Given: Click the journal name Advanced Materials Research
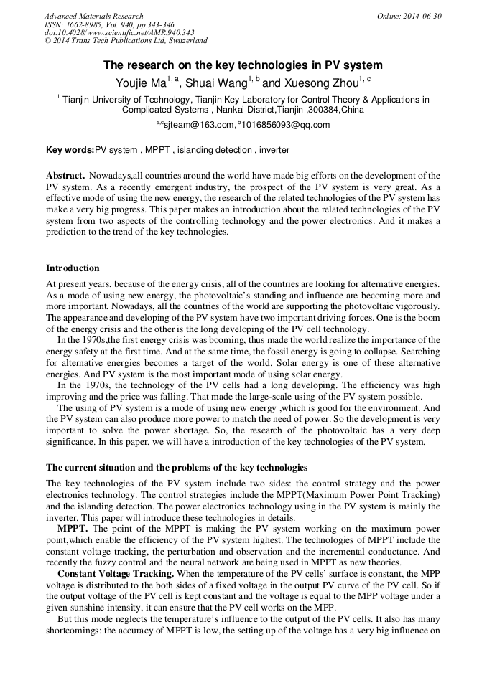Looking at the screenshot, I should pyautogui.click(x=93, y=16).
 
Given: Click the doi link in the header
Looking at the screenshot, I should pyautogui.click(x=119, y=32).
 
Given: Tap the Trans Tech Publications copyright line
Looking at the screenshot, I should pyautogui.click(x=126, y=41).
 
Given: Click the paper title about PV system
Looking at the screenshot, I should pyautogui.click(x=243, y=65).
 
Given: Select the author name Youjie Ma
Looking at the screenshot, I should pyautogui.click(x=141, y=83).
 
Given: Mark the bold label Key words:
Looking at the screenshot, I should pyautogui.click(x=70, y=150).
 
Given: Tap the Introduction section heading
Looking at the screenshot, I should pyautogui.click(x=73, y=268).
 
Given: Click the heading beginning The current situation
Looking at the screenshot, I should pyautogui.click(x=177, y=468).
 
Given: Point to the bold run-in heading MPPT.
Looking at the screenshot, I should pyautogui.click(x=73, y=528).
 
